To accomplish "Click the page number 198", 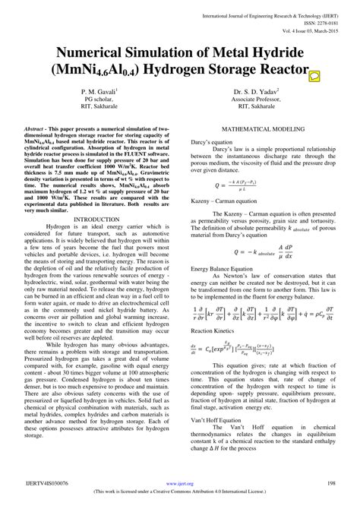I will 331,482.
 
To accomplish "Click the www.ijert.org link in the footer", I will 179,482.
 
